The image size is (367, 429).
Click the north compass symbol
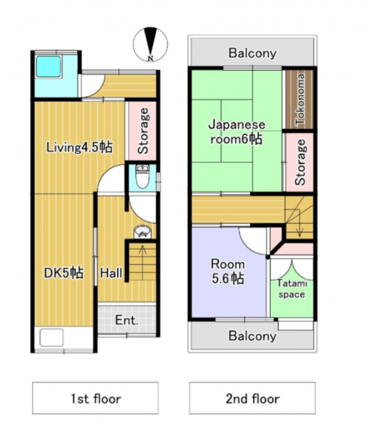(x=150, y=44)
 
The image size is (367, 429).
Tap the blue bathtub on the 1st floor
(x=49, y=67)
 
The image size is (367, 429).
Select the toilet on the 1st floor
(x=142, y=177)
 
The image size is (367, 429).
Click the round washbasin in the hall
(x=142, y=232)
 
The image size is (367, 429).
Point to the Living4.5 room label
(x=79, y=148)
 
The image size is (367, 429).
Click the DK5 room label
(x=63, y=273)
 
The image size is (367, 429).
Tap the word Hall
(x=111, y=273)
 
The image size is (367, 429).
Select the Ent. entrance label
(x=126, y=320)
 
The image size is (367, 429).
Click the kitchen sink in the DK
(x=51, y=338)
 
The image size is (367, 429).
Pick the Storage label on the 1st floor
(x=143, y=131)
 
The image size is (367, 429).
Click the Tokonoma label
(x=300, y=100)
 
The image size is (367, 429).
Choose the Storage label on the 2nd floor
(x=300, y=162)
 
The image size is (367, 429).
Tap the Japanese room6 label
(x=237, y=132)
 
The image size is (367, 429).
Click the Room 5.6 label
(x=228, y=271)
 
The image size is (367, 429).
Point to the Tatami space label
(x=292, y=289)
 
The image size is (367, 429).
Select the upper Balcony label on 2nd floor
(x=253, y=53)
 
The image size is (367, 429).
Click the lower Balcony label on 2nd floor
(x=253, y=336)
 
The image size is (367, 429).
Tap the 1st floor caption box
(x=95, y=398)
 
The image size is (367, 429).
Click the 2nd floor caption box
(x=253, y=398)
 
